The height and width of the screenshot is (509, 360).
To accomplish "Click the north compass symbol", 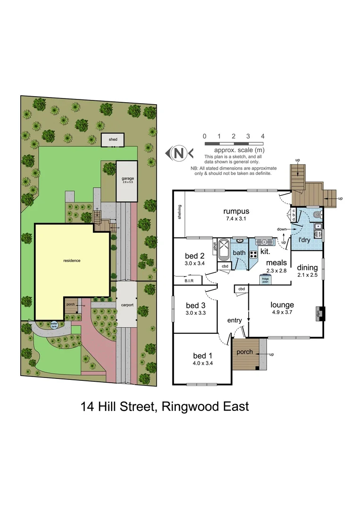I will [x=179, y=153].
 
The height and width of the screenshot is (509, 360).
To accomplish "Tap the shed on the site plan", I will [x=113, y=140].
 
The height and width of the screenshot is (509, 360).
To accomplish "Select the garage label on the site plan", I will [x=127, y=179].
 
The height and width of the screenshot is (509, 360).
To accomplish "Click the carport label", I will [x=127, y=305].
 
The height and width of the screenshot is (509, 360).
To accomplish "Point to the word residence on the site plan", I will [x=72, y=260].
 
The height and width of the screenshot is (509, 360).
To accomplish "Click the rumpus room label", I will [x=236, y=211].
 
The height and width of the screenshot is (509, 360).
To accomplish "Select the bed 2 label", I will [x=194, y=256].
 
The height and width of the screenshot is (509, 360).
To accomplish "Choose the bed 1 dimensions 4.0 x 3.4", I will [x=201, y=363].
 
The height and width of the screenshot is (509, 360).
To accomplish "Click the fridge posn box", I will [x=265, y=279].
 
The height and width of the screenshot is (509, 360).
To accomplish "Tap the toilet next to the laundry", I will [x=317, y=214].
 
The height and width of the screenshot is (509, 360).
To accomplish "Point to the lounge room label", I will [x=282, y=305].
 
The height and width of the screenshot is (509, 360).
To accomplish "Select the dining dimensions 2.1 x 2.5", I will [x=307, y=275].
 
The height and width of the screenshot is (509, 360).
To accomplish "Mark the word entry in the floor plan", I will [x=234, y=320].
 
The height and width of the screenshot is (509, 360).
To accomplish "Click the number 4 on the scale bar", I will [x=262, y=136].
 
